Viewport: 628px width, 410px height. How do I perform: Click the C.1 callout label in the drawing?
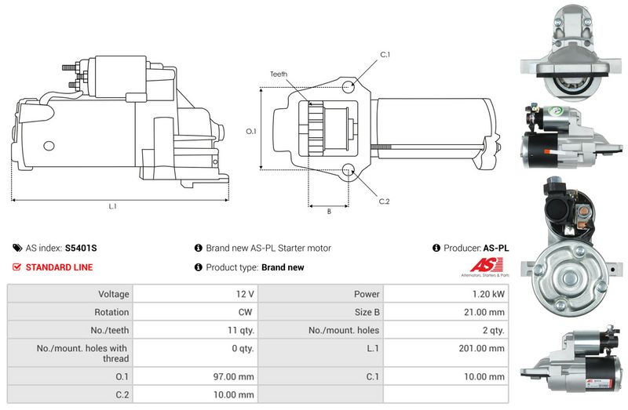click(385, 54)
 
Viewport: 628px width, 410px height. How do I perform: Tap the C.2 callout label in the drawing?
click(384, 201)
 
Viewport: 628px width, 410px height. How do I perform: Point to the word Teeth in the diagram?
click(279, 74)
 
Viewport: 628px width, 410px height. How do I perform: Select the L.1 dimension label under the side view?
click(112, 206)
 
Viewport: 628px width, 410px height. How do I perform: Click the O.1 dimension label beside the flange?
click(251, 131)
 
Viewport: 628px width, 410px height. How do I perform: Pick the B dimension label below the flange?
click(329, 211)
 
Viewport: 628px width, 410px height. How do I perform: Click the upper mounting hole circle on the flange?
click(349, 86)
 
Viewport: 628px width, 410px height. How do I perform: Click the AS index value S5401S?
click(81, 248)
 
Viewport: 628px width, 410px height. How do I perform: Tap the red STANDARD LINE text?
click(60, 267)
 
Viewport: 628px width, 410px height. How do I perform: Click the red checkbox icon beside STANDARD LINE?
click(16, 267)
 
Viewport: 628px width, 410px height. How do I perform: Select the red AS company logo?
click(486, 265)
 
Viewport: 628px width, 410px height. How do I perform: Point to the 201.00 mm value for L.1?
click(481, 348)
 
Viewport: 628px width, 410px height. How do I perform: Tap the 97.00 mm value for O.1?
click(233, 376)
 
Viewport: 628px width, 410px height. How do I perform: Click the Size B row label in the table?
click(367, 312)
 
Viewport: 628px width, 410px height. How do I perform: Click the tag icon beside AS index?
click(17, 248)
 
